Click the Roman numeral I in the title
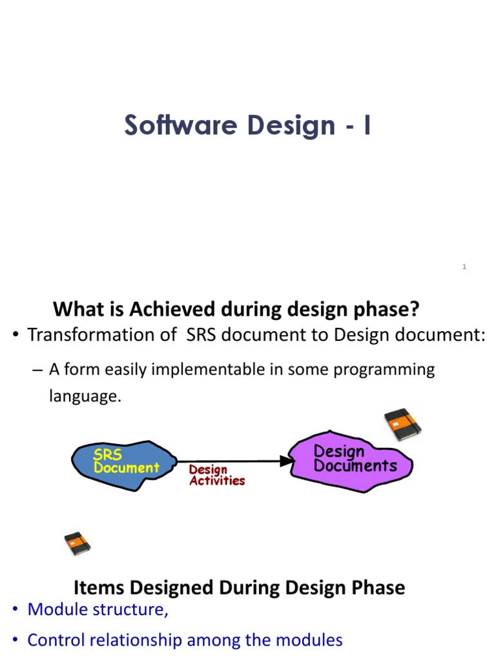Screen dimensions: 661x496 [367, 125]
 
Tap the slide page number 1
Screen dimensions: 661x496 [464, 267]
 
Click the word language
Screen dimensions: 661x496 [85, 396]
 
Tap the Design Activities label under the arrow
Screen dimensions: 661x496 [216, 476]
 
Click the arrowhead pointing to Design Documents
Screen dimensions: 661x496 [286, 461]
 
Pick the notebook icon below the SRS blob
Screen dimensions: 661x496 [77, 544]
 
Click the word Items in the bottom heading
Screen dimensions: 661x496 [96, 587]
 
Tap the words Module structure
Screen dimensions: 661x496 [98, 610]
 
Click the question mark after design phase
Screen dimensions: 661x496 [414, 310]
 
